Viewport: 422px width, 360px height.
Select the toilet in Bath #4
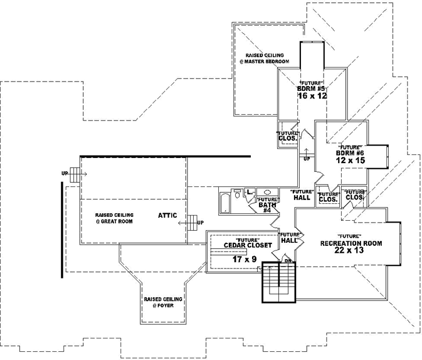click(x=237, y=194)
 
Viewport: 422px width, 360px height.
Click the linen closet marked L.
click(x=249, y=191)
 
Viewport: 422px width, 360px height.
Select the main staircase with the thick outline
click(x=279, y=283)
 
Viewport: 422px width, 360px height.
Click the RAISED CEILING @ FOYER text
click(x=163, y=302)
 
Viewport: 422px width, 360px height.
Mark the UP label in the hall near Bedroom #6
click(x=306, y=158)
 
